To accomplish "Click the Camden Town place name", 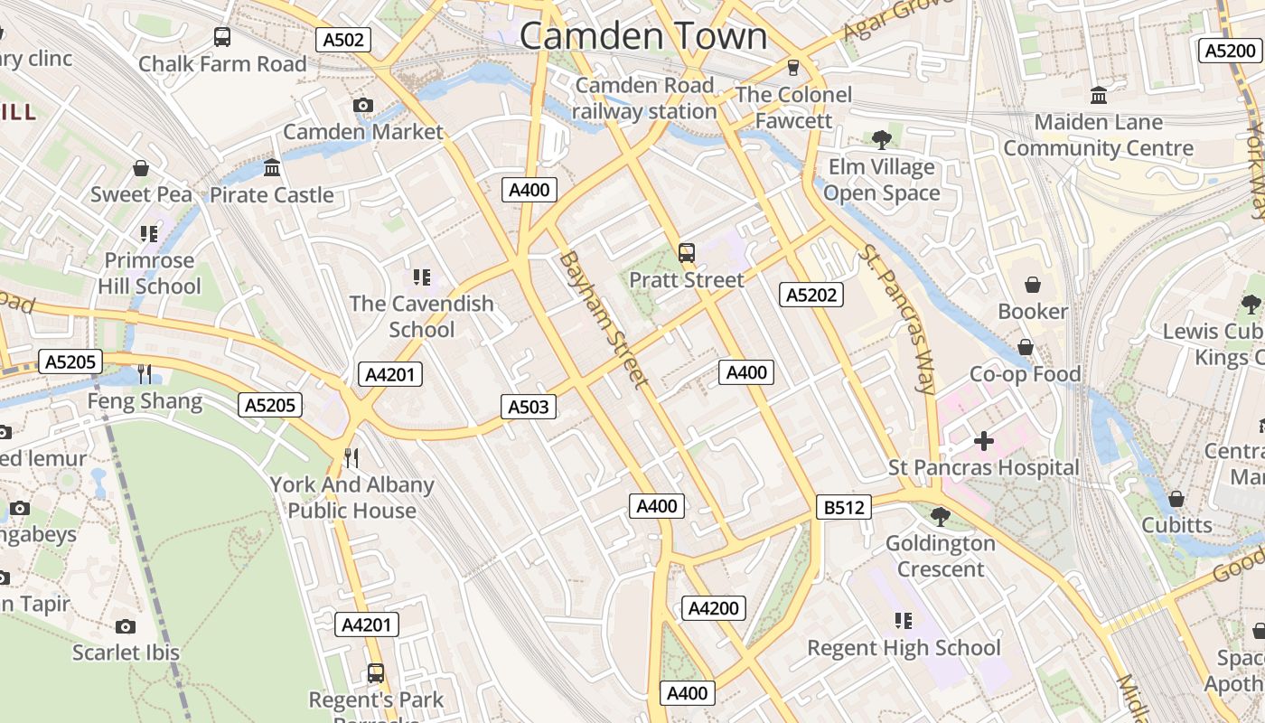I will (x=643, y=36).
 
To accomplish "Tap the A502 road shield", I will (x=343, y=40).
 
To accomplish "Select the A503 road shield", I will (x=529, y=407).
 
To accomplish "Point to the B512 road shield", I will (x=844, y=508).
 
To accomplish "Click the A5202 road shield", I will (x=811, y=295).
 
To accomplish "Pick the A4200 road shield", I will (x=714, y=608).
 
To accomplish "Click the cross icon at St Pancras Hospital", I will (x=984, y=441).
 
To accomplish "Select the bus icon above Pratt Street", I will (x=687, y=253).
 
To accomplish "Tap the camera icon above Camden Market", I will (x=363, y=106).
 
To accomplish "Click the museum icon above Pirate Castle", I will (x=272, y=168).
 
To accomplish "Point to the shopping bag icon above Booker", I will (x=1033, y=285).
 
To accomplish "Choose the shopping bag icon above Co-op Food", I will (x=1026, y=347).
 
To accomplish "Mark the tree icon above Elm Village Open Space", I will (x=882, y=140).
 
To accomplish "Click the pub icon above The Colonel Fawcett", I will (x=793, y=68).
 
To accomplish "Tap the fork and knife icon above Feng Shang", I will (x=145, y=373).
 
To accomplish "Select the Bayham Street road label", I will (x=604, y=319).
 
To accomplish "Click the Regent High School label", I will (x=904, y=648).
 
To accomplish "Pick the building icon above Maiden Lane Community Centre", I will (x=1099, y=95).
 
